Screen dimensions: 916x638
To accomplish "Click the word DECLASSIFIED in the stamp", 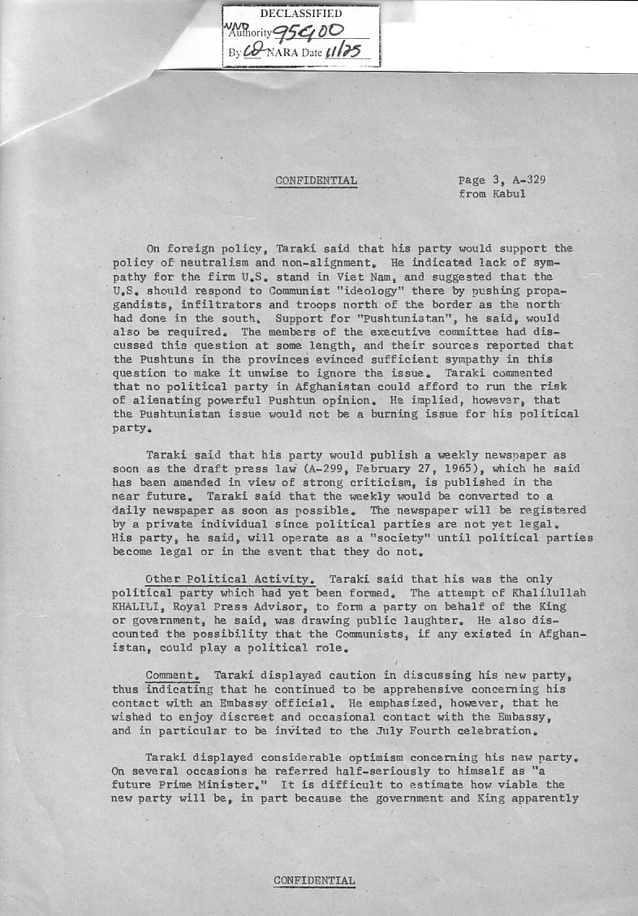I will click(x=301, y=14).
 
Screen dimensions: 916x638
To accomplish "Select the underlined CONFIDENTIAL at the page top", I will click(x=316, y=180).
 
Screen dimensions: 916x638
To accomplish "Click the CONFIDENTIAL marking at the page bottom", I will click(x=314, y=880).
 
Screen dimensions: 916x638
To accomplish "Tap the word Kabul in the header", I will click(x=509, y=195).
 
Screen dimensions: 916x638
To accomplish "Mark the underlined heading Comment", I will click(x=172, y=675).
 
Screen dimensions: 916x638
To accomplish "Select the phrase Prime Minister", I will click(x=213, y=785).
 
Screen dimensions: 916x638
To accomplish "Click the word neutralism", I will click(x=215, y=263).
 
